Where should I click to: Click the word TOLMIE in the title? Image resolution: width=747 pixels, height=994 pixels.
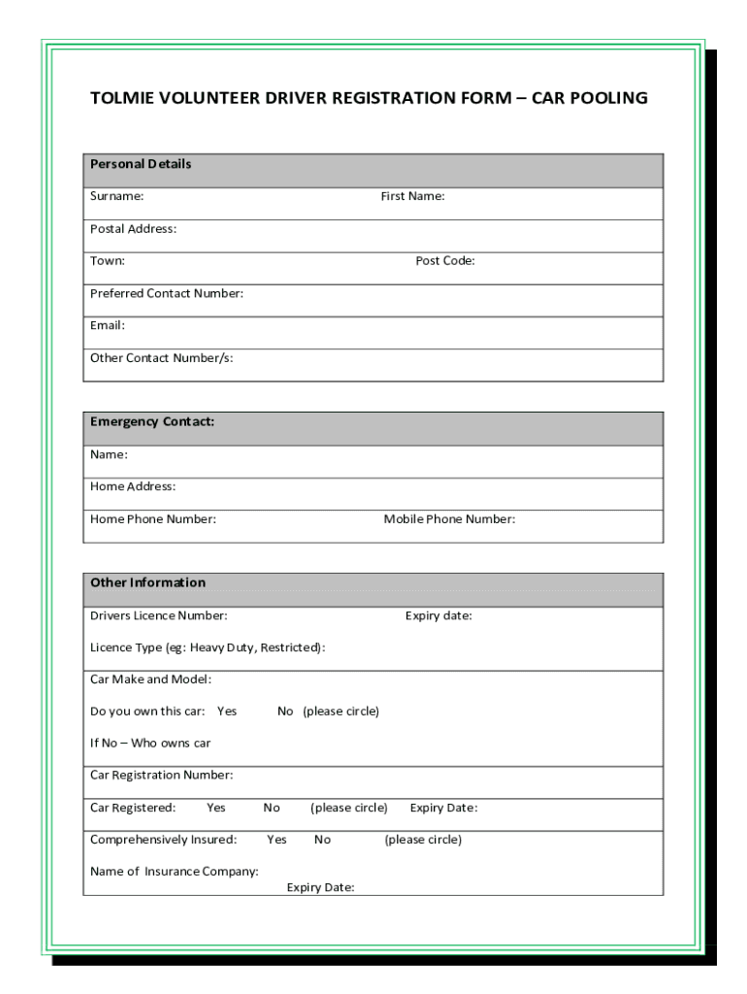[122, 98]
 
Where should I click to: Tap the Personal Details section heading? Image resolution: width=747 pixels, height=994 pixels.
[141, 164]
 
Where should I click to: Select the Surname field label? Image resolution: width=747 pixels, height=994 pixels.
[116, 196]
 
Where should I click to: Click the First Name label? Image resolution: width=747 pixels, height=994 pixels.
[412, 196]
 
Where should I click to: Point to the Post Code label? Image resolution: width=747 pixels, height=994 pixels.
[445, 260]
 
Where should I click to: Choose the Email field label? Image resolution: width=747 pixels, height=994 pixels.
[108, 325]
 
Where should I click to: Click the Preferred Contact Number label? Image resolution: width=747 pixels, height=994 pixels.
[166, 293]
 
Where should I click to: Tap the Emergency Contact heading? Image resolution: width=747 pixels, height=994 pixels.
[152, 421]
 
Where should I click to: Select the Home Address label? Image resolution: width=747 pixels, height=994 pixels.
[133, 486]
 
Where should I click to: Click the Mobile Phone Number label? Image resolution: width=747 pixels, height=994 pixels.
[449, 519]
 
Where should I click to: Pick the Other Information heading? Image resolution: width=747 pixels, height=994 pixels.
[147, 582]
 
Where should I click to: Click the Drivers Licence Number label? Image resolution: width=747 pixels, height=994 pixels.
[159, 615]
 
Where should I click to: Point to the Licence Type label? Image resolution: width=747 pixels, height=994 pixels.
[208, 647]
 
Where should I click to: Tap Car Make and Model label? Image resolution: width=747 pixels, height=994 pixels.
[150, 679]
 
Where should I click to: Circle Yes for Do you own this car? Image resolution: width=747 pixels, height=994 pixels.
[227, 712]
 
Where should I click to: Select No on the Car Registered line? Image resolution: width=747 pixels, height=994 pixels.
[272, 808]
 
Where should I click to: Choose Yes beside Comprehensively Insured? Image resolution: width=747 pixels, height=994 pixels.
[276, 840]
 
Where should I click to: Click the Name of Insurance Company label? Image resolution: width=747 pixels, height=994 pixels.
[175, 872]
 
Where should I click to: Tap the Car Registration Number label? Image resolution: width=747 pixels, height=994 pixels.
[161, 776]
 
